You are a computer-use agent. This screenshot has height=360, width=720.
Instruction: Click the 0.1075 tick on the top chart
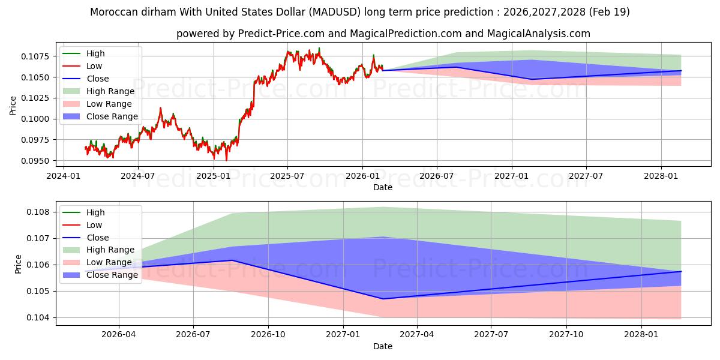point(35,56)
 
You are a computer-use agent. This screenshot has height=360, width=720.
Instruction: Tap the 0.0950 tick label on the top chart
point(35,161)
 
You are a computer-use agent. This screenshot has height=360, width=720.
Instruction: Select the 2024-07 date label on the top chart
point(137,176)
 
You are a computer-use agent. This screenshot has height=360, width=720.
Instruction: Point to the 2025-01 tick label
point(214,176)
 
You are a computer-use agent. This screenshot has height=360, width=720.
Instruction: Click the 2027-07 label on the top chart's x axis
point(586,176)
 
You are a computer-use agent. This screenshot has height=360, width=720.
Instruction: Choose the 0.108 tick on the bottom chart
point(38,212)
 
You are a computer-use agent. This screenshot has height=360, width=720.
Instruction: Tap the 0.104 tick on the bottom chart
point(38,317)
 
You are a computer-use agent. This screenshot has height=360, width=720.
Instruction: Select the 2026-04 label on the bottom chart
point(119,335)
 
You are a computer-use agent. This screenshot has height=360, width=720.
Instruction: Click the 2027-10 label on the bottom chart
point(566,335)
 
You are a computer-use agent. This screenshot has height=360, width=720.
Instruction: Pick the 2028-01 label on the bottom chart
point(641,335)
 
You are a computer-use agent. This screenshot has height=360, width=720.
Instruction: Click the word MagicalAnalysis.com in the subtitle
point(538,34)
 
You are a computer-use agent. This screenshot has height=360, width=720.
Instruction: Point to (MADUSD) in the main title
point(335,12)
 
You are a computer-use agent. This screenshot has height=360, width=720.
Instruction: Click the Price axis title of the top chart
point(13,106)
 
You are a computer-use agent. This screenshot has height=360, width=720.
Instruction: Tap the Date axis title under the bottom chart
point(383,347)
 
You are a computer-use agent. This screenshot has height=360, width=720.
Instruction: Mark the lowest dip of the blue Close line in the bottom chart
point(383,299)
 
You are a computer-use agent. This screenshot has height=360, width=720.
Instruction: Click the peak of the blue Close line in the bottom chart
point(232,260)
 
